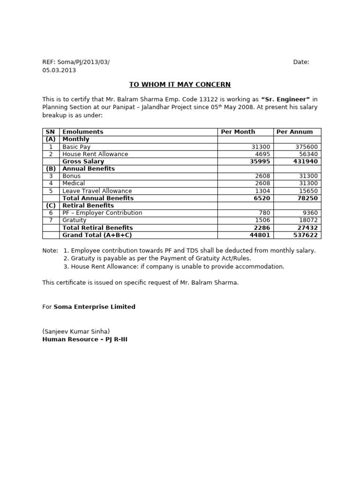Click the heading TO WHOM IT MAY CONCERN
(180, 84)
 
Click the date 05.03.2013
(59, 70)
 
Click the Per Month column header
(238, 132)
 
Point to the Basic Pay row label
(76, 147)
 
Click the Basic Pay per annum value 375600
(307, 147)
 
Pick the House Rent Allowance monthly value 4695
(262, 154)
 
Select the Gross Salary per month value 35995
(261, 161)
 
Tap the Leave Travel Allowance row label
(97, 191)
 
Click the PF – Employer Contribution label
(102, 213)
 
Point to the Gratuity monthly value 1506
(262, 220)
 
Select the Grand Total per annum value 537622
(306, 235)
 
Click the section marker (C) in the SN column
(51, 205)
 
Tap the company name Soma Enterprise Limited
(95, 307)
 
